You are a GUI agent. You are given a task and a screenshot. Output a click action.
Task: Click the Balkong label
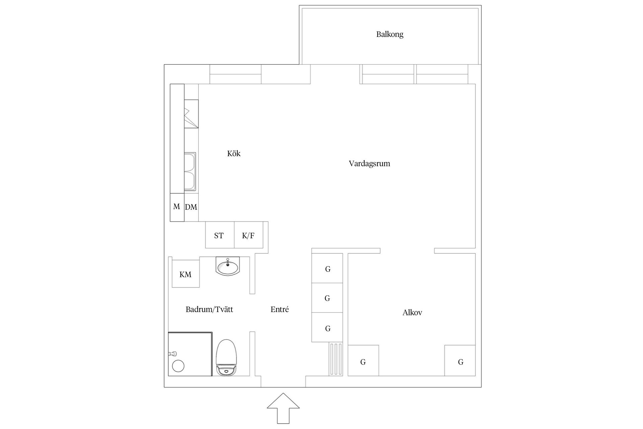(389, 34)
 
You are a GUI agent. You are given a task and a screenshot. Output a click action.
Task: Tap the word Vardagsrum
(369, 164)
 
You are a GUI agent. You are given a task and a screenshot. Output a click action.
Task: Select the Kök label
(234, 154)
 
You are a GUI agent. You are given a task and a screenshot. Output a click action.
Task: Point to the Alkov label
(412, 313)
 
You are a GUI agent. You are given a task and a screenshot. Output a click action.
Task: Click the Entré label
(280, 309)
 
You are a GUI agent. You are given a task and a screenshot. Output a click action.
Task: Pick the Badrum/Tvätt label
(209, 309)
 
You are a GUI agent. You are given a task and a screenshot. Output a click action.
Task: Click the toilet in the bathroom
(226, 357)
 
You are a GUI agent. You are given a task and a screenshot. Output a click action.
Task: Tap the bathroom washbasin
(228, 266)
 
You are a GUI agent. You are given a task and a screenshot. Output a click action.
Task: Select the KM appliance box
(186, 274)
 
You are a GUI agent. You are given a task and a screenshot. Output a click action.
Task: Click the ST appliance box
(219, 235)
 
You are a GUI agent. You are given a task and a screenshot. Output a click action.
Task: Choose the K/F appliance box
(248, 235)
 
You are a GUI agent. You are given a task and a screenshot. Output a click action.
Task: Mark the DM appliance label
(191, 207)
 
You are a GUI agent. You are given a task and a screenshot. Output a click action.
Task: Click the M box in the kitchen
(177, 207)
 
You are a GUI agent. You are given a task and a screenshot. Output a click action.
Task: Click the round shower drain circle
(178, 366)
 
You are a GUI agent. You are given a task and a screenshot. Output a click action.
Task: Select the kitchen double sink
(190, 172)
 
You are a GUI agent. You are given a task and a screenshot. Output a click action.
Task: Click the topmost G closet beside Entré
(327, 268)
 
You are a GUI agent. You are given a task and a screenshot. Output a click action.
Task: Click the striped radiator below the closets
(336, 359)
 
